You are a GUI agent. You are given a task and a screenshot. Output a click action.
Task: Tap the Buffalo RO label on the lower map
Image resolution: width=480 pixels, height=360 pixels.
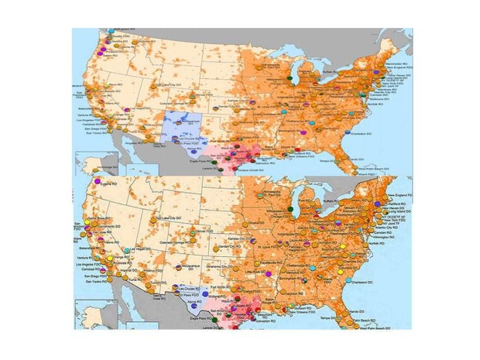coord(331,200)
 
